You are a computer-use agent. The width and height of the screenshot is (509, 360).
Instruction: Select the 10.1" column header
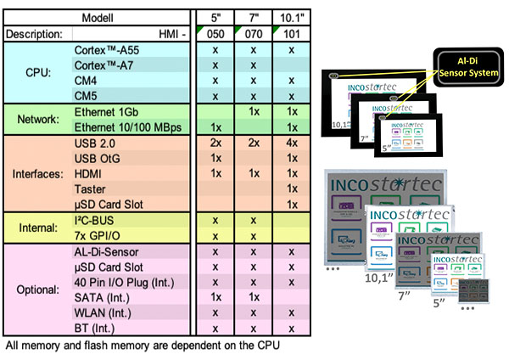(x=292, y=17)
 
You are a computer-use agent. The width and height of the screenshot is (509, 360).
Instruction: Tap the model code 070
(x=254, y=34)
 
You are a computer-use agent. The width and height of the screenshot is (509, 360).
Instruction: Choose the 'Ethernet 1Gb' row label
(x=105, y=111)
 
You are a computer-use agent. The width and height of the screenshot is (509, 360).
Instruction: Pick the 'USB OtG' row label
(x=98, y=158)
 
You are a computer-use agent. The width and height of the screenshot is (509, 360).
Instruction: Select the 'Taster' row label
(x=92, y=188)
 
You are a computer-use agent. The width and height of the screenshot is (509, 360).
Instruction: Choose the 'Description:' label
(x=33, y=34)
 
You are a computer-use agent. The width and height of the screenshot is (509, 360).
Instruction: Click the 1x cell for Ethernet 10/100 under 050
(x=215, y=127)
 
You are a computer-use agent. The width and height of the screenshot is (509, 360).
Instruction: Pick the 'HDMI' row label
(x=90, y=173)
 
